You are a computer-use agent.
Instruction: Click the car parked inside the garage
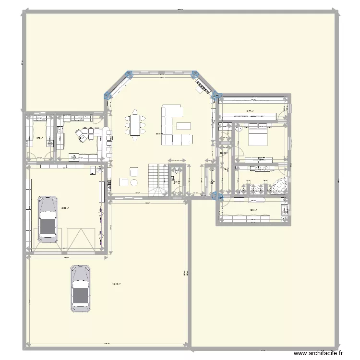pos(48,218)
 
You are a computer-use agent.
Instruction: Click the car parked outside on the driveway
pos(81,288)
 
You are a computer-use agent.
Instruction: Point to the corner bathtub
pos(279,185)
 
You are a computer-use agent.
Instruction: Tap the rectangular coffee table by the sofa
pos(183,126)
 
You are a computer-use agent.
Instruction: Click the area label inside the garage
pos(64,208)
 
